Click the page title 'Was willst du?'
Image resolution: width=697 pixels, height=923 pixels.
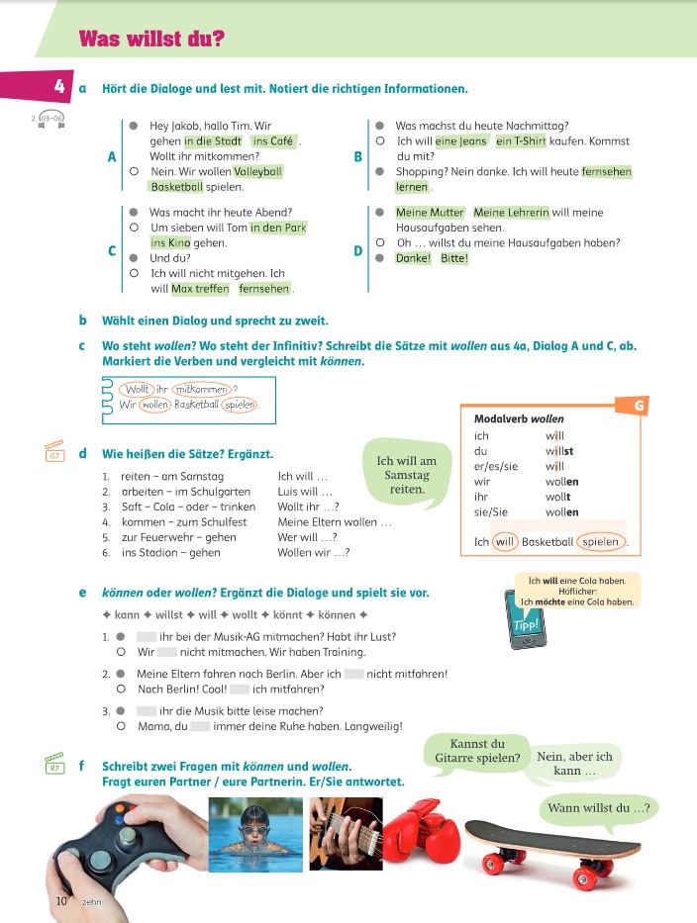(x=150, y=40)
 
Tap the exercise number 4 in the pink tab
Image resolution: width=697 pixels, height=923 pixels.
(x=59, y=87)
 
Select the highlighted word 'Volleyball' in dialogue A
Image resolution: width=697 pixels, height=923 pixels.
(x=257, y=171)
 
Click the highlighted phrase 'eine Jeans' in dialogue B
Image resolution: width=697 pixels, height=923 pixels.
(x=461, y=141)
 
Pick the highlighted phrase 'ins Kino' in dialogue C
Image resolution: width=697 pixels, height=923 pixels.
(x=170, y=242)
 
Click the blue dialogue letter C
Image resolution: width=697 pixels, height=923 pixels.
(x=112, y=250)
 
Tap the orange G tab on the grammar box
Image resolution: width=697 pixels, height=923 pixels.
(x=639, y=405)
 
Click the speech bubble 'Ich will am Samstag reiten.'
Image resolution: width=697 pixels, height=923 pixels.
(x=406, y=475)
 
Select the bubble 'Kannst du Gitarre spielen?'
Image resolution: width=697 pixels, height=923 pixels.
(x=477, y=752)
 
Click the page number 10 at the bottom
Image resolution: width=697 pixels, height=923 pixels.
(x=60, y=901)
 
